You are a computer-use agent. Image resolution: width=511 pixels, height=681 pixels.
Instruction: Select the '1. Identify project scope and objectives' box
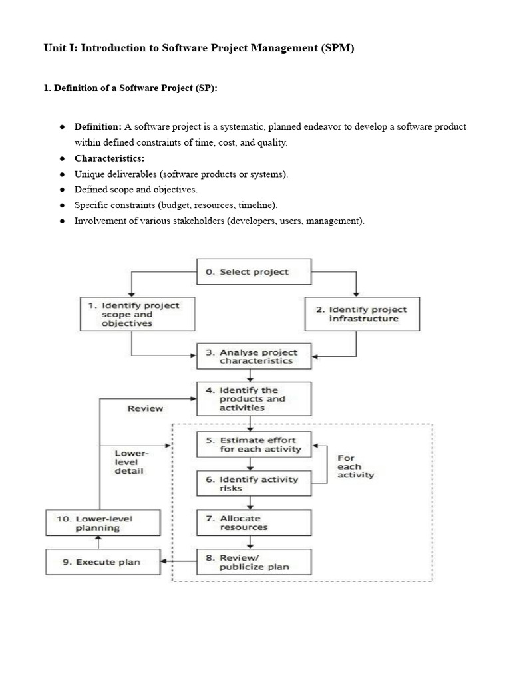138,314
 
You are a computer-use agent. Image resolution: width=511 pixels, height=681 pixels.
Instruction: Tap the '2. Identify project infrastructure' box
362,314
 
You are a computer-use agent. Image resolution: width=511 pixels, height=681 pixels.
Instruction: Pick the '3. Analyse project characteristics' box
254,356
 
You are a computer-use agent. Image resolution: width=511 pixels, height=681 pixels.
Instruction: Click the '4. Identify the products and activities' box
254,399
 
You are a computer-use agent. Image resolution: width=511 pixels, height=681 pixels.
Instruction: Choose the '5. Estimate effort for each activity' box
254,444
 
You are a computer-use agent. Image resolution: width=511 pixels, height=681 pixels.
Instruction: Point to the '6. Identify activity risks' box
254,483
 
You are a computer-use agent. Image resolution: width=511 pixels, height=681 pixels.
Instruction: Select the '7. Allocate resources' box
254,523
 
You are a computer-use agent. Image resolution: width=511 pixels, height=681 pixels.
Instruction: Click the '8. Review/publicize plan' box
254,563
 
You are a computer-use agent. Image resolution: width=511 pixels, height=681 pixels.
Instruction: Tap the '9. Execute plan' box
102,562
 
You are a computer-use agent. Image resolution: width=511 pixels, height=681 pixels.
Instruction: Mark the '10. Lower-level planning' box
102,523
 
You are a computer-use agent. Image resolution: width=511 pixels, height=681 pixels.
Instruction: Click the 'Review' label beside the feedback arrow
145,408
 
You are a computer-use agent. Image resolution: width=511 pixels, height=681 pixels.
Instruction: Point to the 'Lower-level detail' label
132,462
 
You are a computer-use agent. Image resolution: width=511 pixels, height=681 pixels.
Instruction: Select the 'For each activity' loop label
355,466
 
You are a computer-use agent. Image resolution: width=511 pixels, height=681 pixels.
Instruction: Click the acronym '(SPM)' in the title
330,49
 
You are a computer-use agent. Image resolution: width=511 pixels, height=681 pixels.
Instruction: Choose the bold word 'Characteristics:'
109,158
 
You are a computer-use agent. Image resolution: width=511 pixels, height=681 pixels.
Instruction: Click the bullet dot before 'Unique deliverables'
61,174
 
